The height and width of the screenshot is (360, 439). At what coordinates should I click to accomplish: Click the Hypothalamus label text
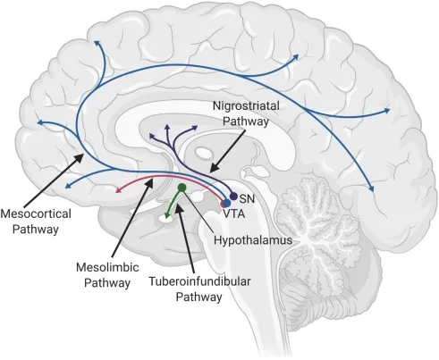[254, 239]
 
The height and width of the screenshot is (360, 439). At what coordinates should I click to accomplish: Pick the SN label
[248, 199]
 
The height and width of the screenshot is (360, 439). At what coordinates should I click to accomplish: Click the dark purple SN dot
[234, 196]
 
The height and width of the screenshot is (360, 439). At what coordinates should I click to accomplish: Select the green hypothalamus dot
[182, 188]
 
